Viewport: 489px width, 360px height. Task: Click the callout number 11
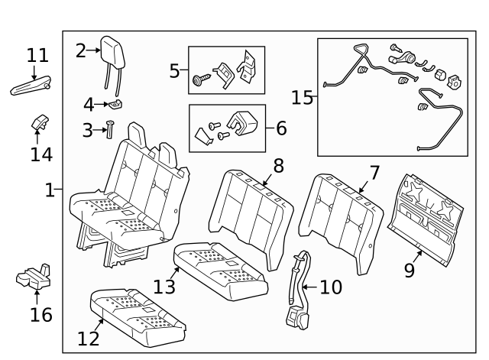click(37, 55)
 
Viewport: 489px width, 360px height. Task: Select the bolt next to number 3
click(109, 130)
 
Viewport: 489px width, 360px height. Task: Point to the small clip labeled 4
click(117, 102)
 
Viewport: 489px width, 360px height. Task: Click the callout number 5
click(175, 71)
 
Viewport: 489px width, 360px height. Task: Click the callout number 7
click(374, 173)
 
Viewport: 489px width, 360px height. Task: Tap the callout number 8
click(278, 165)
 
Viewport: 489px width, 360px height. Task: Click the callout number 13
click(164, 287)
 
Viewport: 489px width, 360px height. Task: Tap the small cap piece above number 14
click(40, 122)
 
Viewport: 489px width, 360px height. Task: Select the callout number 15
click(303, 97)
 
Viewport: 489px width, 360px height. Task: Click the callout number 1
click(50, 190)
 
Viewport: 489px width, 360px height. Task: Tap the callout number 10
click(331, 287)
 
